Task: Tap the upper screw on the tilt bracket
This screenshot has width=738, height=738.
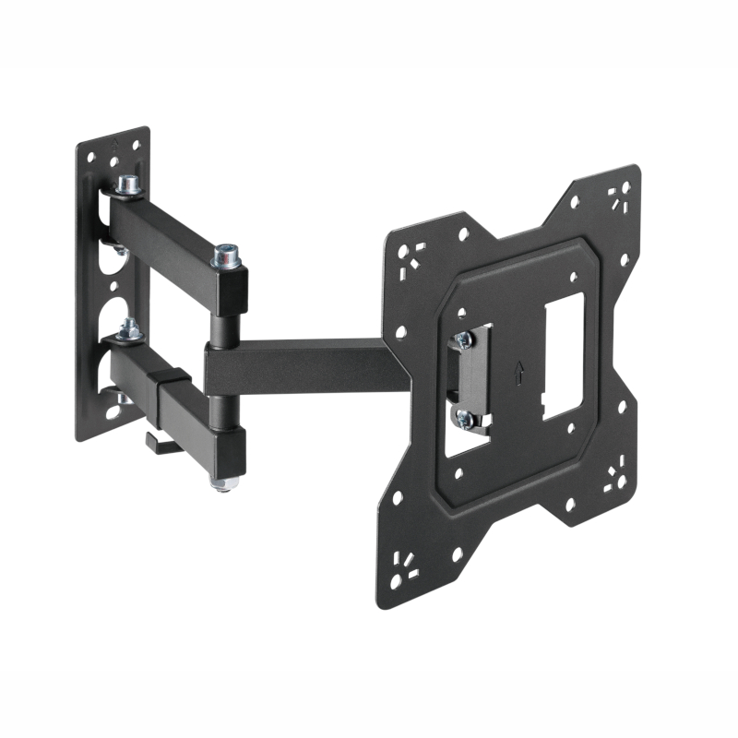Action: pyautogui.click(x=464, y=339)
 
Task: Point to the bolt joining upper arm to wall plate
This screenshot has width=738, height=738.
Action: pyautogui.click(x=126, y=184)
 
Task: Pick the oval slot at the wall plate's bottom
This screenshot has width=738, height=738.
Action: pyautogui.click(x=113, y=411)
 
